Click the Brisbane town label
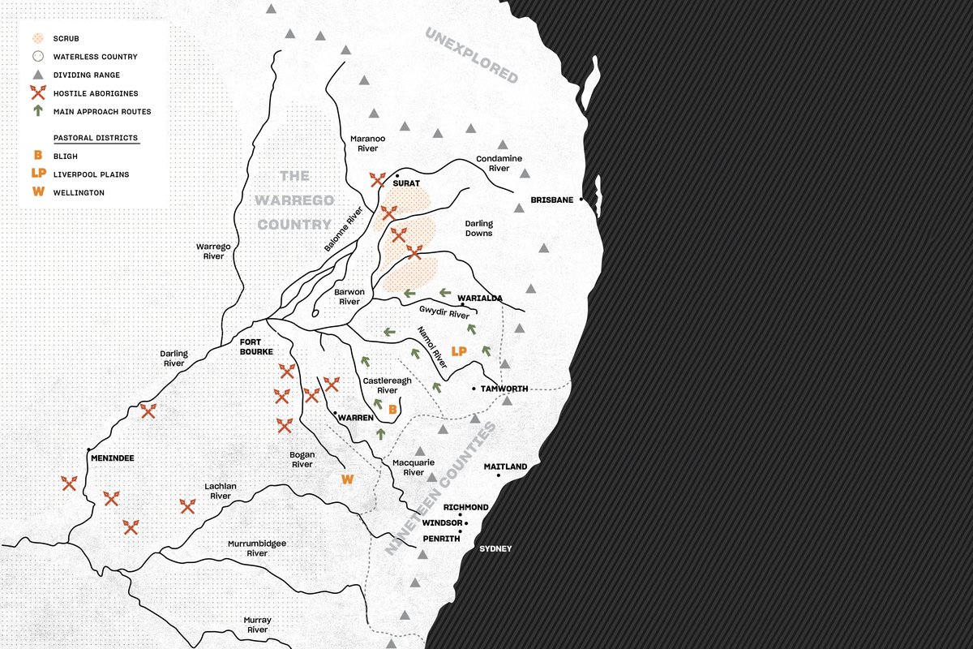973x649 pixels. (552, 200)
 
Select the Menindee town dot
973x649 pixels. (88, 449)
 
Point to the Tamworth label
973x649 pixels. (504, 389)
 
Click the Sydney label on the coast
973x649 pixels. (495, 549)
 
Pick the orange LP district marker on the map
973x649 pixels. (460, 351)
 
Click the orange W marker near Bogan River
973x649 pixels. (348, 479)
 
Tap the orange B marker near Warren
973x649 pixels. (392, 410)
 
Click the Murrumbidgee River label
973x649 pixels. (257, 548)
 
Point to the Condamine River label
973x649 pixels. (499, 163)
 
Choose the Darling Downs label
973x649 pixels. (479, 228)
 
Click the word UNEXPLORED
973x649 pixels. (471, 55)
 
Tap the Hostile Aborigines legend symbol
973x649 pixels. (37, 93)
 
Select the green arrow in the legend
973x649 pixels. (37, 111)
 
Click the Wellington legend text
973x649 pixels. (79, 192)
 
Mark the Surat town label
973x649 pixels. (405, 183)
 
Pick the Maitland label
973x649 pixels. (505, 466)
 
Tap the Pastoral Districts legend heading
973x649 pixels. (96, 138)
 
